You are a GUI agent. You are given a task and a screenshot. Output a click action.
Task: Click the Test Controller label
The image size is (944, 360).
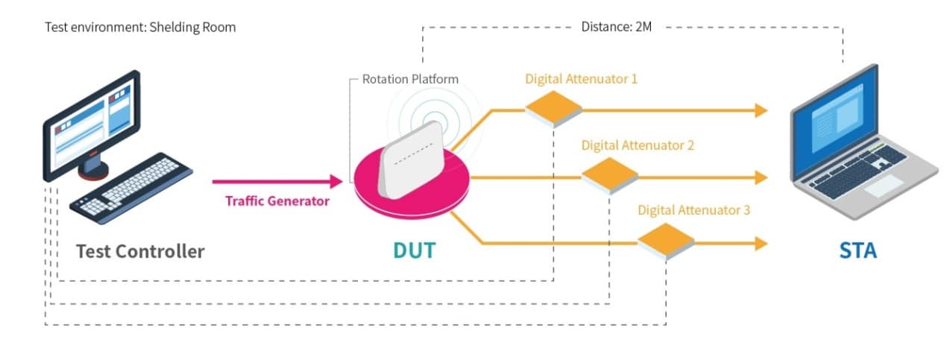click(139, 251)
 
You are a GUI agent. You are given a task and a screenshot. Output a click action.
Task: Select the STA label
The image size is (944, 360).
click(858, 250)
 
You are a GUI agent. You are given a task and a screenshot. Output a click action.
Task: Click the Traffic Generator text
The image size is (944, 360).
click(277, 200)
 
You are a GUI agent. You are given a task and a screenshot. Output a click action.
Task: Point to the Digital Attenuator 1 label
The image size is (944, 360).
click(581, 78)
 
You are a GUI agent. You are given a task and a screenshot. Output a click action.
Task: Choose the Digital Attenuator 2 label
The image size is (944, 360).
click(638, 145)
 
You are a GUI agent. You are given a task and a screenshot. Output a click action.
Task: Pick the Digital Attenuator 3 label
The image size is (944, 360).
click(693, 210)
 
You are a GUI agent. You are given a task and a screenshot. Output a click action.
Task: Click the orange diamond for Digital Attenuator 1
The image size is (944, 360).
click(553, 109)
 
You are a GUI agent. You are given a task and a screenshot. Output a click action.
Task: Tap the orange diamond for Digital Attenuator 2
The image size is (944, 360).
click(609, 176)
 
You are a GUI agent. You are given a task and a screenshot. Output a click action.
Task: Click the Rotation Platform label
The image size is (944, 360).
click(410, 79)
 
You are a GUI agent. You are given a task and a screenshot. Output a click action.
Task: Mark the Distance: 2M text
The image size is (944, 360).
click(617, 28)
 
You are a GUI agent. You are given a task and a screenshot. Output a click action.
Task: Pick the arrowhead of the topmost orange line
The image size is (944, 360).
click(761, 110)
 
